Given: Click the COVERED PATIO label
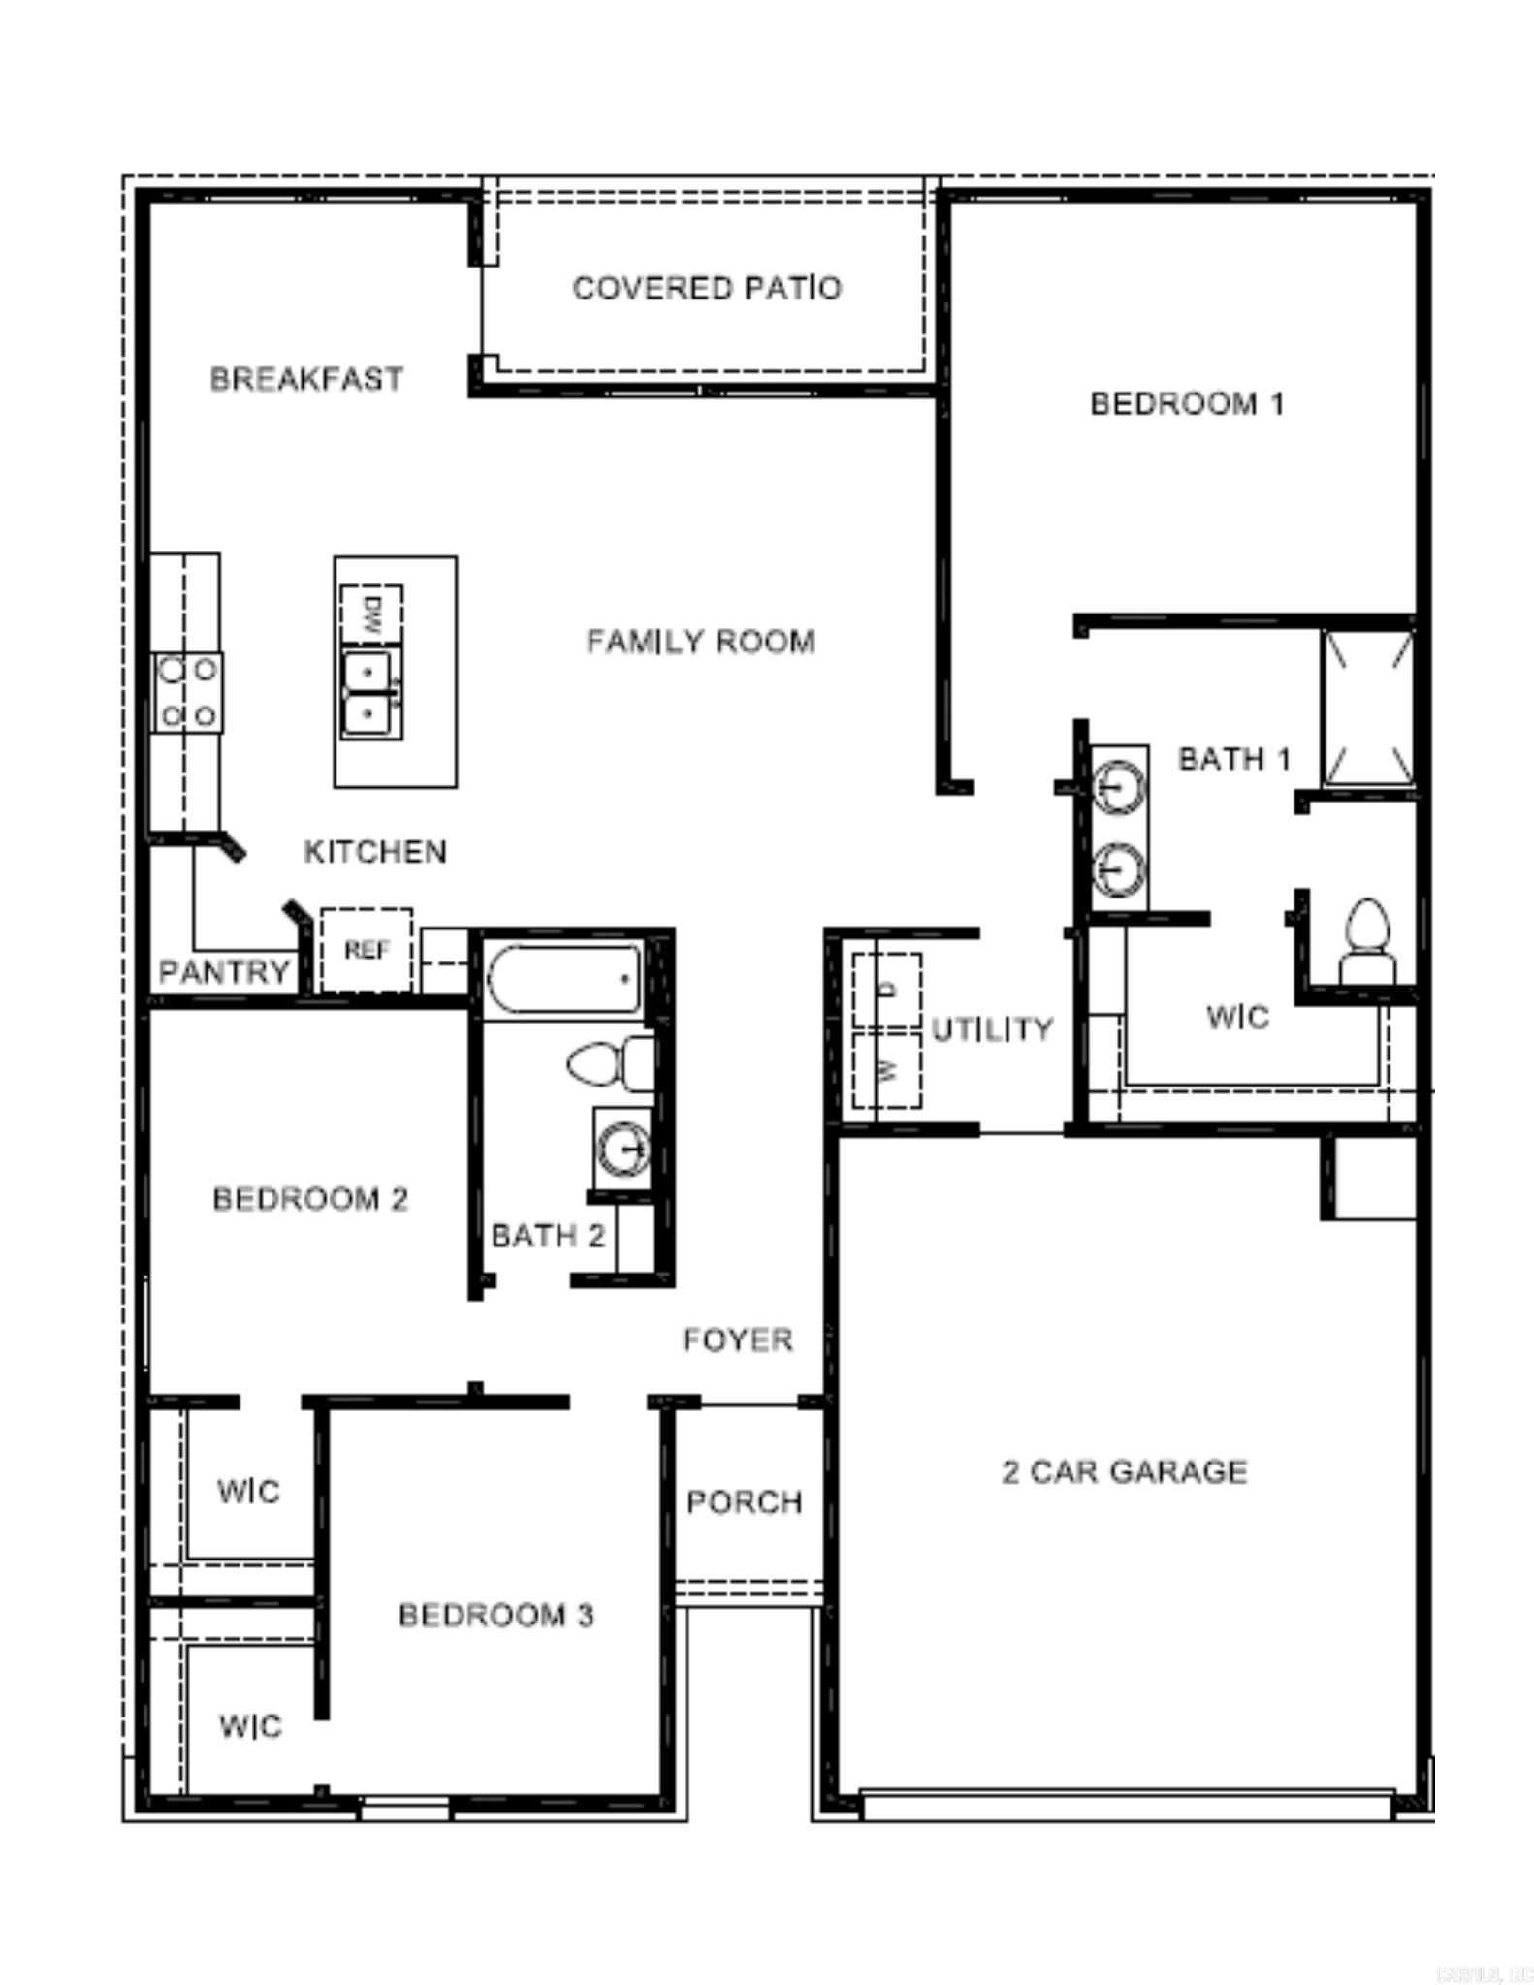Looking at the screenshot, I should tap(707, 288).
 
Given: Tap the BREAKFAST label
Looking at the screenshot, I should tap(306, 378).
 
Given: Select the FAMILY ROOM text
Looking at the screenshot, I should tap(700, 642).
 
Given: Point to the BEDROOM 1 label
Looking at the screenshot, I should tap(1187, 403).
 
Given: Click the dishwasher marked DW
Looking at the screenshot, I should tap(371, 614).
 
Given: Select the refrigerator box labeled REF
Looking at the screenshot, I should tap(367, 950).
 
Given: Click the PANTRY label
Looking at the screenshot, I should tap(224, 971).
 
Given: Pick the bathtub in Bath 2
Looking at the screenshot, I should tap(564, 979).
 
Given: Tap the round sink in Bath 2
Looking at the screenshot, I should tap(622, 1150).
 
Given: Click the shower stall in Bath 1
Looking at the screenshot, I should tap(1368, 707).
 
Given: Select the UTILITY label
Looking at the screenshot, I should tap(992, 1028).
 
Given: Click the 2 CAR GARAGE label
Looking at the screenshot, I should tap(1124, 1471).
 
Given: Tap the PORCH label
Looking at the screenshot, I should tap(744, 1502).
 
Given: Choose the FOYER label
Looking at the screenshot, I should tap(737, 1339).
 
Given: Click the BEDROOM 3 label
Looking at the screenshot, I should tap(495, 1615).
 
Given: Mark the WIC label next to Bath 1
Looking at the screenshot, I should tap(1237, 1017).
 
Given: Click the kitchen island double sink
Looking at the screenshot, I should tap(369, 693).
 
